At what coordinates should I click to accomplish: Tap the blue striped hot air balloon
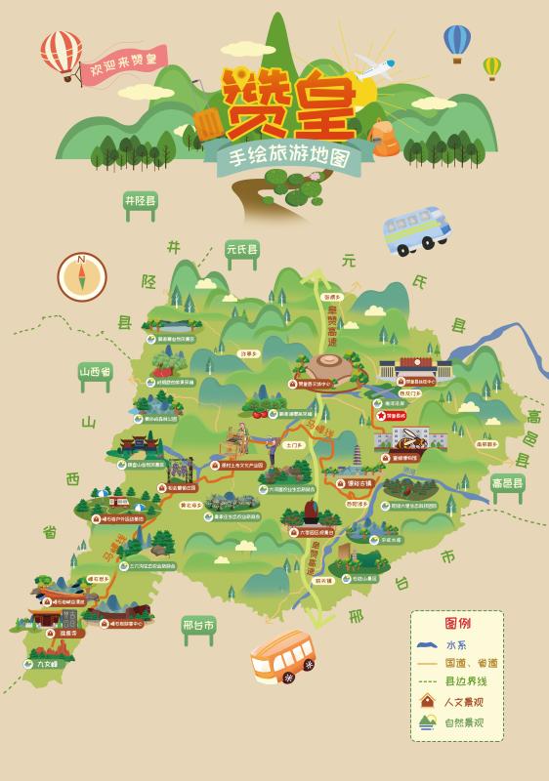(457, 40)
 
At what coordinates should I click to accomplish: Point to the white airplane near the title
(376, 67)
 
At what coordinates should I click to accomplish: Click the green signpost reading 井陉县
(140, 201)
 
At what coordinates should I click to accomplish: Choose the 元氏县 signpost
(241, 249)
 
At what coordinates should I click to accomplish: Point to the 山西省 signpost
(96, 372)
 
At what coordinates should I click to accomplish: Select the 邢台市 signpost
(198, 625)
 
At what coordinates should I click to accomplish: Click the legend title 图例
(457, 623)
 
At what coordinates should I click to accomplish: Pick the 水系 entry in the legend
(456, 645)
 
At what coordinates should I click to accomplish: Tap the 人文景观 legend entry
(464, 702)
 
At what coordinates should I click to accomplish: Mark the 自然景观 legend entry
(464, 723)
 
